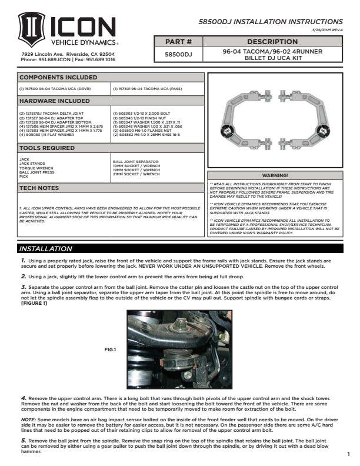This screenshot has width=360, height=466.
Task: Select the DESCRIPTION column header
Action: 272,42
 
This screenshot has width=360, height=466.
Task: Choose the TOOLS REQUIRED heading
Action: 47,148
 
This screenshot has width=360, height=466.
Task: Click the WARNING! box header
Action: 275,175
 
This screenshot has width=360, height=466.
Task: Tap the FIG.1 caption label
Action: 111,349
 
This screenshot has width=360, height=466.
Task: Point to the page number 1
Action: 348,454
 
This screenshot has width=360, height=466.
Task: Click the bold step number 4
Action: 22,398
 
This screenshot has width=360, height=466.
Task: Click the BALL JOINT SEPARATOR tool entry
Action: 135,161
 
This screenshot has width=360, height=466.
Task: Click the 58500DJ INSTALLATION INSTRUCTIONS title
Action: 279,21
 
